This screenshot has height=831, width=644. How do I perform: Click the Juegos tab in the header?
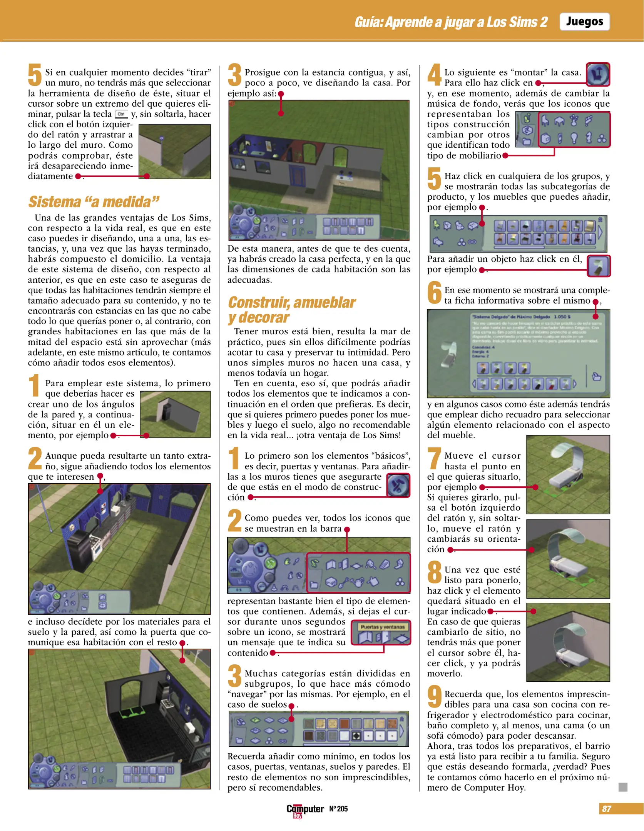pyautogui.click(x=584, y=22)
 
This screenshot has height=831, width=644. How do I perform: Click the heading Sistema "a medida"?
pyautogui.click(x=94, y=202)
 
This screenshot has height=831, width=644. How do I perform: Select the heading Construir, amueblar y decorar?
pyautogui.click(x=291, y=310)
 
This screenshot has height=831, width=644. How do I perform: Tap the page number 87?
pyautogui.click(x=606, y=809)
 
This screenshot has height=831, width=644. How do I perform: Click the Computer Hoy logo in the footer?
pyautogui.click(x=304, y=810)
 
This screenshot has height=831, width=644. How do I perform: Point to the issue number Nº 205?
pyautogui.click(x=338, y=809)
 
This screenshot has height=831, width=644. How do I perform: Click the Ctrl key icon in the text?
pyautogui.click(x=121, y=114)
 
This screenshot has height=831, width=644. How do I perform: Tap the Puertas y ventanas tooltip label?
pyautogui.click(x=382, y=627)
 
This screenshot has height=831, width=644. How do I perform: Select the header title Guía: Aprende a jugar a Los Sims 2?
pyautogui.click(x=451, y=22)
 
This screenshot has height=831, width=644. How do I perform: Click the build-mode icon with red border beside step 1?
pyautogui.click(x=398, y=485)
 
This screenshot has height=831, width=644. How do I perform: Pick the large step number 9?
pyautogui.click(x=435, y=697)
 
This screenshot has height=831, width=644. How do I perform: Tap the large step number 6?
pyautogui.click(x=435, y=293)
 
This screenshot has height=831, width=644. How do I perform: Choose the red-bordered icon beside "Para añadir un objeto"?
pyautogui.click(x=599, y=266)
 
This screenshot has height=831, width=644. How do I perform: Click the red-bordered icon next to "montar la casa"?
pyautogui.click(x=598, y=74)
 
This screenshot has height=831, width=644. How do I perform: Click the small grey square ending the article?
pyautogui.click(x=623, y=787)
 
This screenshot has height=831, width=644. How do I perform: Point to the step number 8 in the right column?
pyautogui.click(x=435, y=572)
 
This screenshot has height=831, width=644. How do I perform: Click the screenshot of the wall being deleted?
pyautogui.click(x=174, y=152)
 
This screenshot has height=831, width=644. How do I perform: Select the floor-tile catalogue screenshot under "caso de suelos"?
pyautogui.click(x=319, y=729)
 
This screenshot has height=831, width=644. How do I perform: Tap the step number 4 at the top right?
pyautogui.click(x=435, y=74)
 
